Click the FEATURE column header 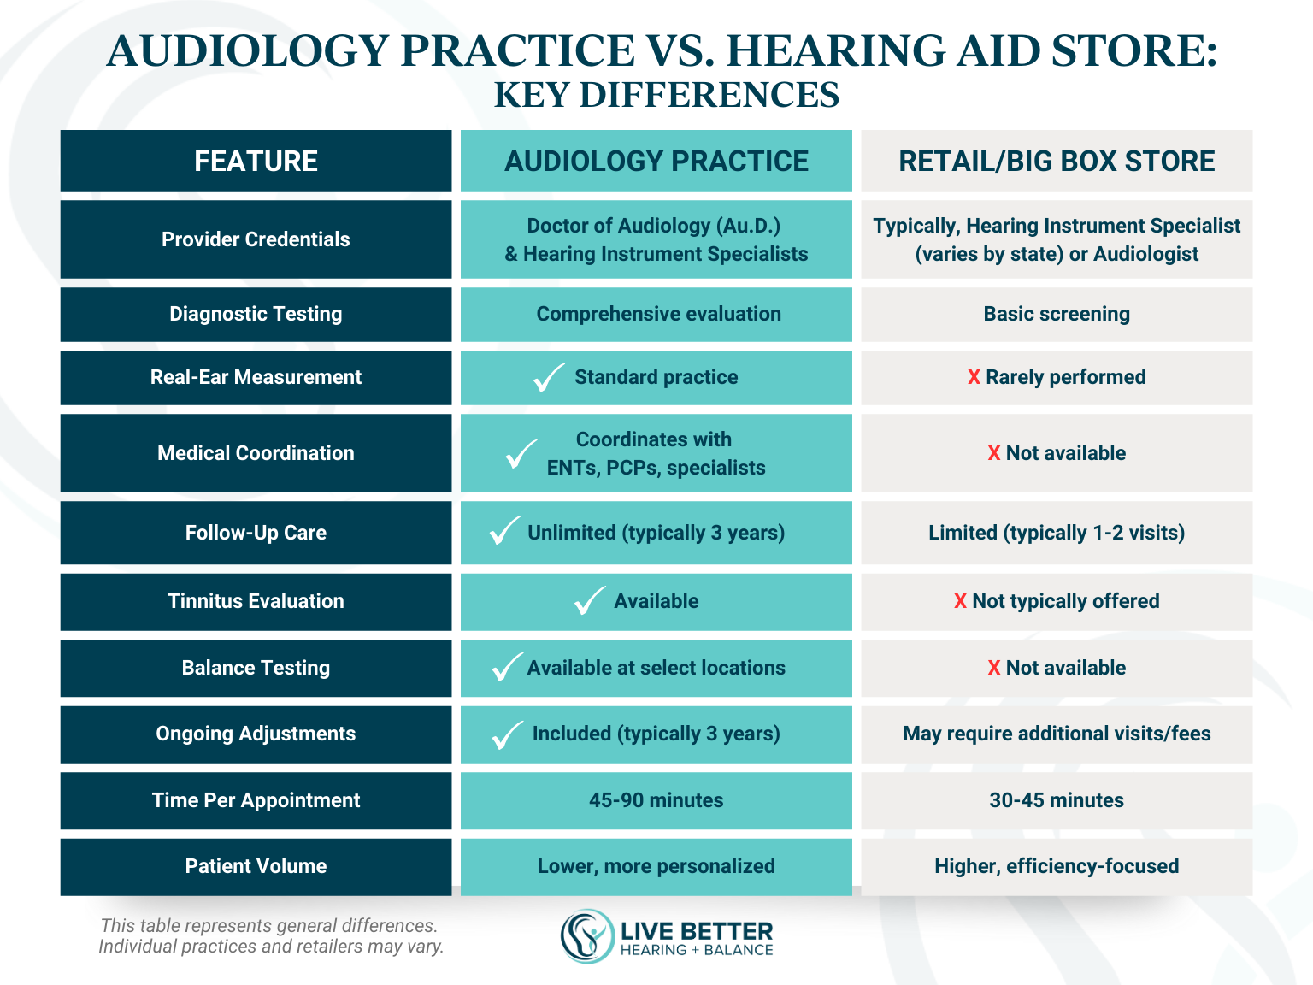pos(256,161)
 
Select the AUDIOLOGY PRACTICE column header pos(656,161)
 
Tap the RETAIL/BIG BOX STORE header pos(1057,161)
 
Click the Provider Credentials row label pos(256,239)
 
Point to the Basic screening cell pos(1057,314)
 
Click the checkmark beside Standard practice pos(548,377)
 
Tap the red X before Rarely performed pos(974,377)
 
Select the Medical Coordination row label pos(256,453)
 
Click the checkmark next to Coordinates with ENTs pos(521,454)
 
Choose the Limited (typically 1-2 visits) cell pos(1057,533)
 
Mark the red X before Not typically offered pos(960,601)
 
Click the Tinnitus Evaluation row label pos(256,601)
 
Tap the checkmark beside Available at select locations pos(507,667)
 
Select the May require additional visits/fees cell pos(1057,734)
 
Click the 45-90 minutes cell pos(656,800)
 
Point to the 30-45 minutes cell pos(1057,800)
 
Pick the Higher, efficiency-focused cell pos(1057,866)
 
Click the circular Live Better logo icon pos(587,936)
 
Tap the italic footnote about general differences pos(270,936)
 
